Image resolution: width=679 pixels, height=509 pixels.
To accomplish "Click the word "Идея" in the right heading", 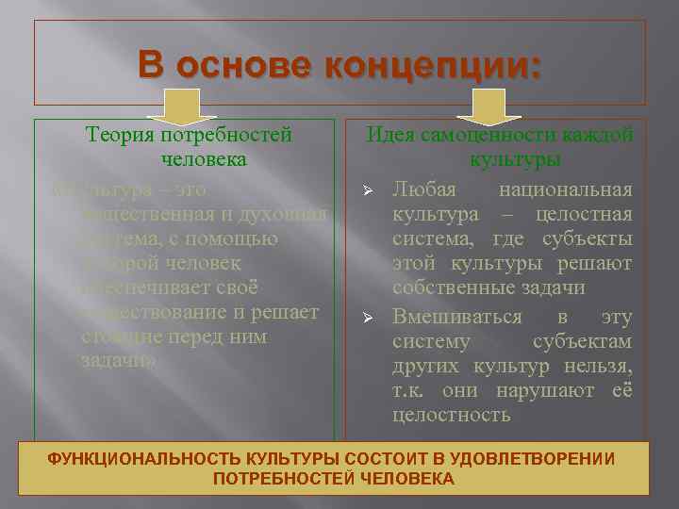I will [390, 135].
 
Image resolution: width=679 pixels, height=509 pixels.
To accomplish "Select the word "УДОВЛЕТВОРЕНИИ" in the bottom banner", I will [546, 458].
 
